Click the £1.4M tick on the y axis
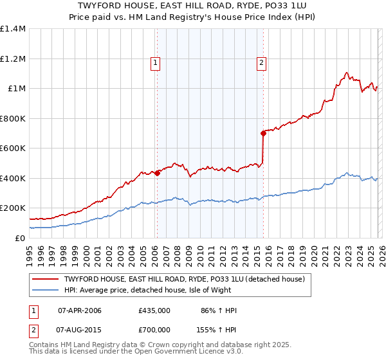(x=13, y=29)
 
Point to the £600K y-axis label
(x=13, y=148)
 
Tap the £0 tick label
(x=21, y=238)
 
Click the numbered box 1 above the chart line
(x=156, y=63)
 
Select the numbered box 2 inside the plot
(x=262, y=63)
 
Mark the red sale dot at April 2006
(x=157, y=173)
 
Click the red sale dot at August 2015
(x=263, y=133)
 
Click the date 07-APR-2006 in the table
(x=80, y=310)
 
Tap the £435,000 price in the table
(x=154, y=310)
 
